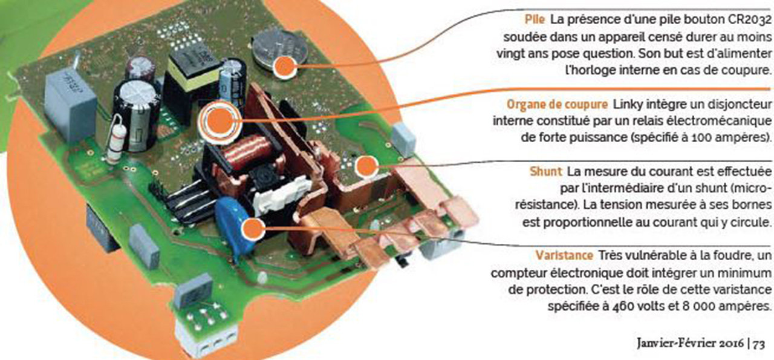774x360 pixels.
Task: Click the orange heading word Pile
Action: [535, 19]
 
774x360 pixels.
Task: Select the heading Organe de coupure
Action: [557, 105]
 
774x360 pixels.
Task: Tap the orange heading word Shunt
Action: [546, 171]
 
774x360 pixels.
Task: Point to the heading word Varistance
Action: [564, 255]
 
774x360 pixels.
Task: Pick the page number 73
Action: [759, 344]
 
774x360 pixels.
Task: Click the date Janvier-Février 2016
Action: [689, 344]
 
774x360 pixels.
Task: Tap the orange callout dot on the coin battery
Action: [284, 67]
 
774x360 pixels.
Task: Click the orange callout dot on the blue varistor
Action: [253, 229]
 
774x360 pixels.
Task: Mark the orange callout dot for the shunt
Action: [366, 166]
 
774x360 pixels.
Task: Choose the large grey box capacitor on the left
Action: [70, 103]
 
